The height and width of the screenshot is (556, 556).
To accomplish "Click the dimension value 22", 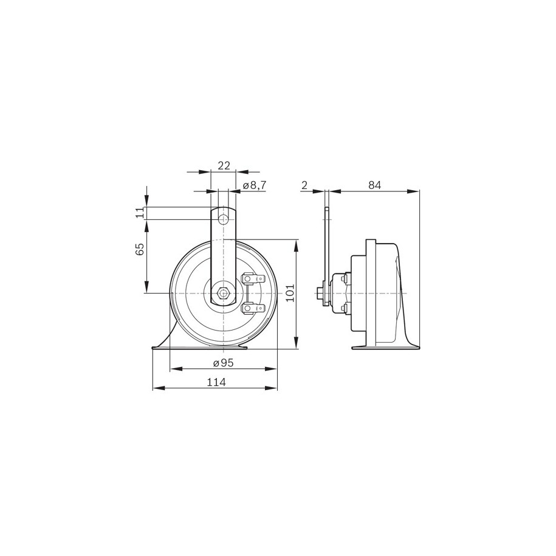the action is [224, 165].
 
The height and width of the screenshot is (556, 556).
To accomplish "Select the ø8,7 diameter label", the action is [255, 185].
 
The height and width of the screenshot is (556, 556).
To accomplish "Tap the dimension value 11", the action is [140, 213].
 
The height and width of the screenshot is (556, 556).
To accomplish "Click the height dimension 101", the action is [290, 292].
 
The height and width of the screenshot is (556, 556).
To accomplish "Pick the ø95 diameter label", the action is [224, 363].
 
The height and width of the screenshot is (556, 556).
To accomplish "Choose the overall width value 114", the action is [216, 382].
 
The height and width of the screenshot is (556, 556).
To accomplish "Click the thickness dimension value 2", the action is [304, 185].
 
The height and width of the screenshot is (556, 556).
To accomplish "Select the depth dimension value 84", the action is [374, 185].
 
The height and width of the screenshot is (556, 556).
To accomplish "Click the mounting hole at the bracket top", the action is [223, 219].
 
